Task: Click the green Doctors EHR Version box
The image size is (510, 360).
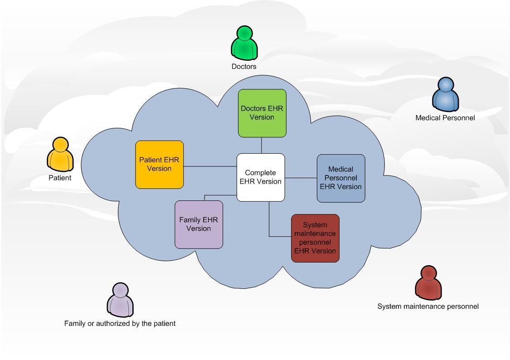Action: point(262,113)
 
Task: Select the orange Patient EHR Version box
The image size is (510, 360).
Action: point(160,164)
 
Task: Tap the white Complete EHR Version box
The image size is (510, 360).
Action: point(261,177)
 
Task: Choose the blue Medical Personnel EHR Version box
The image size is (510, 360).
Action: point(340,178)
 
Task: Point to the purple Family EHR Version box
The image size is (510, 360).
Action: point(199,224)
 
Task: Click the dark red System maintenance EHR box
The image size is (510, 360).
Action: point(315,238)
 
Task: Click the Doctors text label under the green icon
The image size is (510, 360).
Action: point(244,67)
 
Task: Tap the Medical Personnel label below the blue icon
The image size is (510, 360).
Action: point(445,118)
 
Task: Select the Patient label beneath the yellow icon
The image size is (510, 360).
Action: point(60,178)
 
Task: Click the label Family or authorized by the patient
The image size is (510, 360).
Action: point(120,324)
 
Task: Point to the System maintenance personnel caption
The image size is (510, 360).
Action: point(428,306)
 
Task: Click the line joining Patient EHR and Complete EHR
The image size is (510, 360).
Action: point(210,166)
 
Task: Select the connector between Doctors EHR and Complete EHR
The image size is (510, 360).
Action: point(262,145)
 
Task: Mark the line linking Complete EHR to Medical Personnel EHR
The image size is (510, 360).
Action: point(301,178)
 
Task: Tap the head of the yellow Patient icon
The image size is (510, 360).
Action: point(60,145)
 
